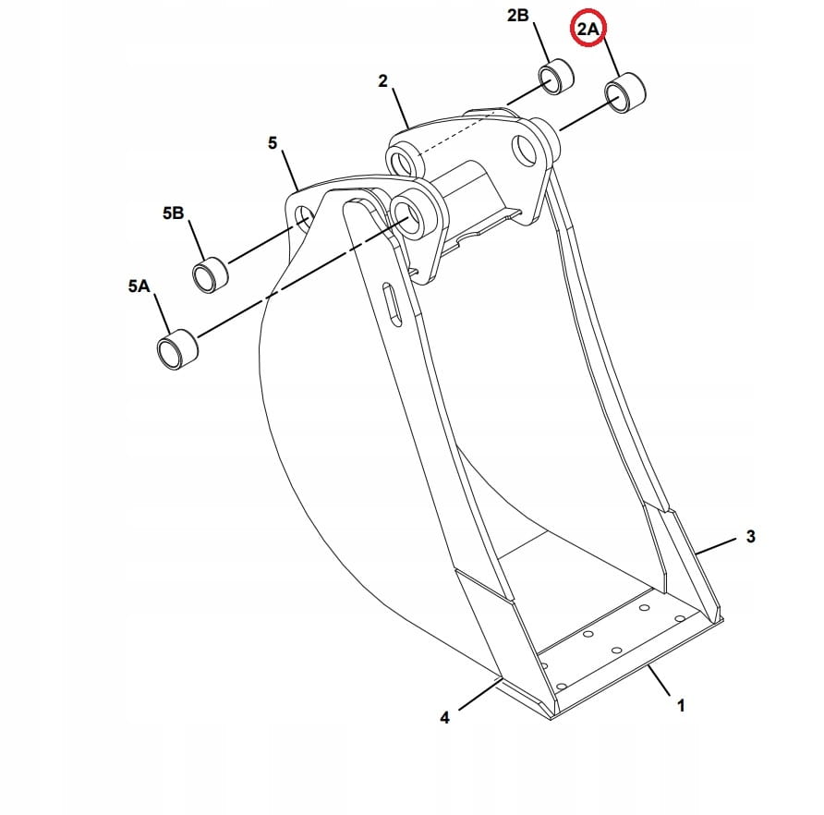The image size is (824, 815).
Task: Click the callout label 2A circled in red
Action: pyautogui.click(x=588, y=29)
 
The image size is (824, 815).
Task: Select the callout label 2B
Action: pyautogui.click(x=517, y=16)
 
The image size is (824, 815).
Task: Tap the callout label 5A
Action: pyautogui.click(x=139, y=286)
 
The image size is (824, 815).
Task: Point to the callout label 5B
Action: pyautogui.click(x=173, y=213)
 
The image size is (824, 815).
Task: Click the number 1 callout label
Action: pyautogui.click(x=681, y=706)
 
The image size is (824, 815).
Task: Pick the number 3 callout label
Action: pyautogui.click(x=751, y=536)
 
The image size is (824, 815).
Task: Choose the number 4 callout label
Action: pyautogui.click(x=444, y=717)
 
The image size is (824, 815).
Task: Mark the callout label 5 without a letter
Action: pyautogui.click(x=273, y=142)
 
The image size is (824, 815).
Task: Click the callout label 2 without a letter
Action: pyautogui.click(x=382, y=81)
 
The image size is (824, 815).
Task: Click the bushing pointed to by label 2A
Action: pyautogui.click(x=625, y=94)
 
